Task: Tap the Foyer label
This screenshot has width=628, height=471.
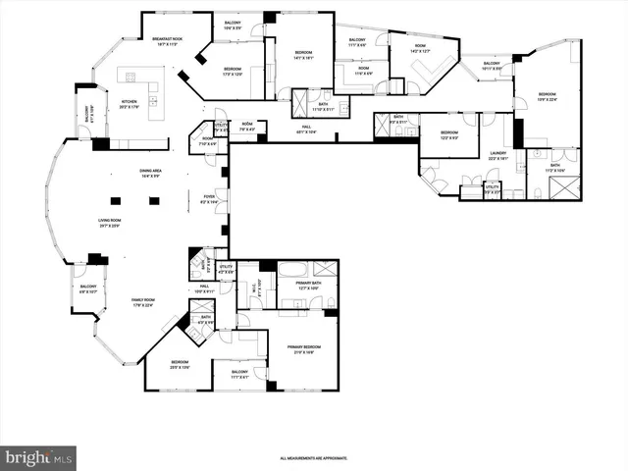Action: click(x=211, y=198)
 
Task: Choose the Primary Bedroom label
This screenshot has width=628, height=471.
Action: click(x=302, y=350)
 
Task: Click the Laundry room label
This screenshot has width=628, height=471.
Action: click(x=498, y=155)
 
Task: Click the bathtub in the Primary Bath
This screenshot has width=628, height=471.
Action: click(x=292, y=268)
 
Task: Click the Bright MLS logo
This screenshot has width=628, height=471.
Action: click(x=38, y=457)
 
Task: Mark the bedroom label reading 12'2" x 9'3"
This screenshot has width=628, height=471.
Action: click(x=448, y=134)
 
